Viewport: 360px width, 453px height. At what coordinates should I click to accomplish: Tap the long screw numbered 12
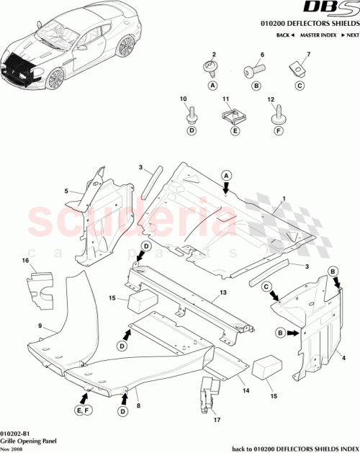click(277, 113)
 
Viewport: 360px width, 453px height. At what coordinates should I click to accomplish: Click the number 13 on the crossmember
click(223, 294)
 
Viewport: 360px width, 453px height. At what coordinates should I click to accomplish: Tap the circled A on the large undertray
click(225, 176)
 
